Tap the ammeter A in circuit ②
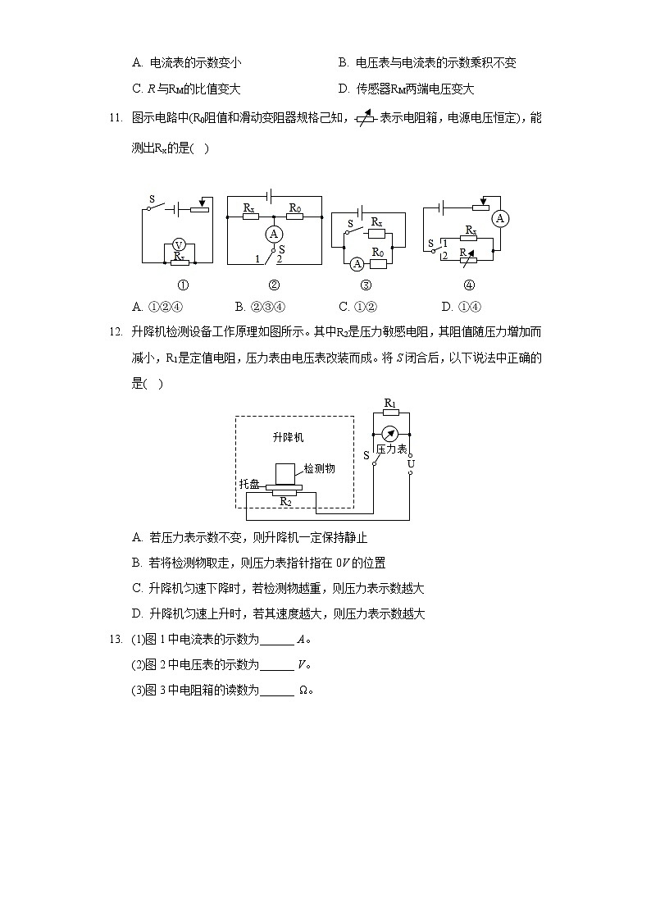pos(275,234)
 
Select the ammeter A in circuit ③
pos(357,264)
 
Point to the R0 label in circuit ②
pos(295,209)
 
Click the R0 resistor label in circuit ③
pos(378,253)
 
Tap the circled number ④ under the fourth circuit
pos(469,285)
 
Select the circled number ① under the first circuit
pos(183,285)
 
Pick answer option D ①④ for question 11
pos(456,307)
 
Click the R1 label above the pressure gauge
pos(390,404)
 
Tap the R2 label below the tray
pos(285,500)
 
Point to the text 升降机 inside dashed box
pos(287,437)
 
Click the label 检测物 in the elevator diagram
pos(320,468)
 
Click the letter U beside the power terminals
pos(411,464)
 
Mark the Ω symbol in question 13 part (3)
pos(303,691)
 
